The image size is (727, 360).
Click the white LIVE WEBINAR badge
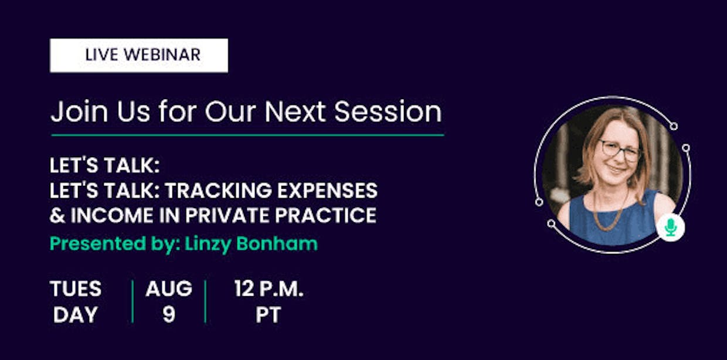coord(139,56)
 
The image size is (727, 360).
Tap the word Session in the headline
coord(388,111)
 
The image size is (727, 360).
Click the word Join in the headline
coord(79,111)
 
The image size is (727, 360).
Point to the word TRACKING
coord(219,190)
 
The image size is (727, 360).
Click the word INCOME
coord(112,215)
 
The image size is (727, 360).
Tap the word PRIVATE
coord(227,215)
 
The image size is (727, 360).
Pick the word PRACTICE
coord(325,215)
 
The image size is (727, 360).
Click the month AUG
coord(169,288)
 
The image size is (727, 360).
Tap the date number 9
coord(169,314)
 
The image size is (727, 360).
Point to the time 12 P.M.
coord(269,288)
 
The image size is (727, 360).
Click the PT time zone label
coord(268,314)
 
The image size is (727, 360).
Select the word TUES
coord(76,288)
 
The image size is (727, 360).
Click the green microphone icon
coord(671,227)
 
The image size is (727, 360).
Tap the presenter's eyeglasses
coord(620,151)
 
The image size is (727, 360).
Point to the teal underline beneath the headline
coord(247,135)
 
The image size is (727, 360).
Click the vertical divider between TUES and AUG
coord(133,301)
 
